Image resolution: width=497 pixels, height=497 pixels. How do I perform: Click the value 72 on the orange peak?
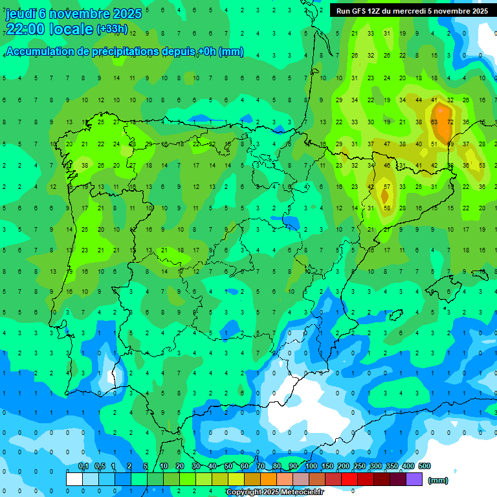[450, 122]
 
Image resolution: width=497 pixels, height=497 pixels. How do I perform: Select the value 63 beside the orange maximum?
[434, 122]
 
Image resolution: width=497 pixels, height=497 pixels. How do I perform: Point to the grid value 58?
[387, 208]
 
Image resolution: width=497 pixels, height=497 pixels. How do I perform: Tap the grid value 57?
[386, 186]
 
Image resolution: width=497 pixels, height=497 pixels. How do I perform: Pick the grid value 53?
[482, 165]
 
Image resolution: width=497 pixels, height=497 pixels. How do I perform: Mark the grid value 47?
[386, 144]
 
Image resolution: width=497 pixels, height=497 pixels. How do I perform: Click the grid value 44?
[419, 100]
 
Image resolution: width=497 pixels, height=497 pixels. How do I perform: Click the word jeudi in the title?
[20, 14]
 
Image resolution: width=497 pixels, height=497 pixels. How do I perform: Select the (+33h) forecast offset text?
[112, 29]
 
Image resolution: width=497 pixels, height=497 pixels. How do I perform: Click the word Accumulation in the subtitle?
[39, 51]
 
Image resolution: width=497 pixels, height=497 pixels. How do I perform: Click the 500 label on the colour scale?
[425, 466]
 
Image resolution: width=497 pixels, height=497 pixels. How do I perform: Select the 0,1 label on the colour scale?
[83, 466]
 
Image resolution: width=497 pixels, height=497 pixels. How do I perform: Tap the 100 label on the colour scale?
[311, 466]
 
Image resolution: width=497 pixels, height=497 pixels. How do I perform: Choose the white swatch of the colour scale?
[74, 479]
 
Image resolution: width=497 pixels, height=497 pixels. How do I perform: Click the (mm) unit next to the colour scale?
[438, 480]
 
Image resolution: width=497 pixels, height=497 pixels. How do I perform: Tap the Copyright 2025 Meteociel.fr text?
[274, 492]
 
